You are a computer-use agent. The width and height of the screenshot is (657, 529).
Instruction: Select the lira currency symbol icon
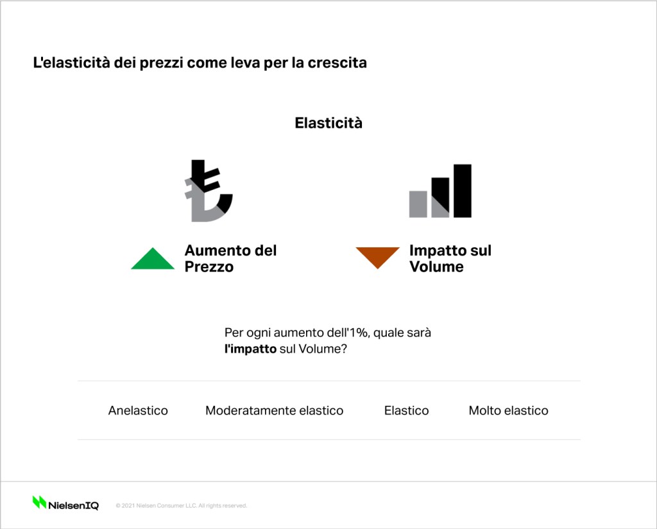[209, 191]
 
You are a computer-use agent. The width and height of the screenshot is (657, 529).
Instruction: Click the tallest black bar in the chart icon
[463, 191]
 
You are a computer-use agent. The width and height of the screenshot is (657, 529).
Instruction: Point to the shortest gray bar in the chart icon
[418, 204]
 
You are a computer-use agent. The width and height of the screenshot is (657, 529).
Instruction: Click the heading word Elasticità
[328, 123]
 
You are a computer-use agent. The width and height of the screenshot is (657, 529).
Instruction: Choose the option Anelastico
[138, 410]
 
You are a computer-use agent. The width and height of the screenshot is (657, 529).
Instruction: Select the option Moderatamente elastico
[275, 410]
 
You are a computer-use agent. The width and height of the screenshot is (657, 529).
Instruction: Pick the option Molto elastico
[508, 410]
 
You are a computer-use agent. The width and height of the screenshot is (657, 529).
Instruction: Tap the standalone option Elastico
[406, 410]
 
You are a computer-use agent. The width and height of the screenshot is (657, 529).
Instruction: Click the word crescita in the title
[337, 63]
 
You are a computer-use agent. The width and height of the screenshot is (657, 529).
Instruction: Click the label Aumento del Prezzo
[230, 259]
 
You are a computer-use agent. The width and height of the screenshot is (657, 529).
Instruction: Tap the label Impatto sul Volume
[450, 259]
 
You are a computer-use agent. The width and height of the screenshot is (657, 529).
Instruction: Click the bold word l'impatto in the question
[251, 349]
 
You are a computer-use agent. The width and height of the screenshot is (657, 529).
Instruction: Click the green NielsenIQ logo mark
[39, 502]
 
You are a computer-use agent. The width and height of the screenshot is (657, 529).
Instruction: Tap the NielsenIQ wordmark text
[73, 505]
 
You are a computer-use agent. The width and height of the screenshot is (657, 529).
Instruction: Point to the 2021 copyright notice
[182, 505]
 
